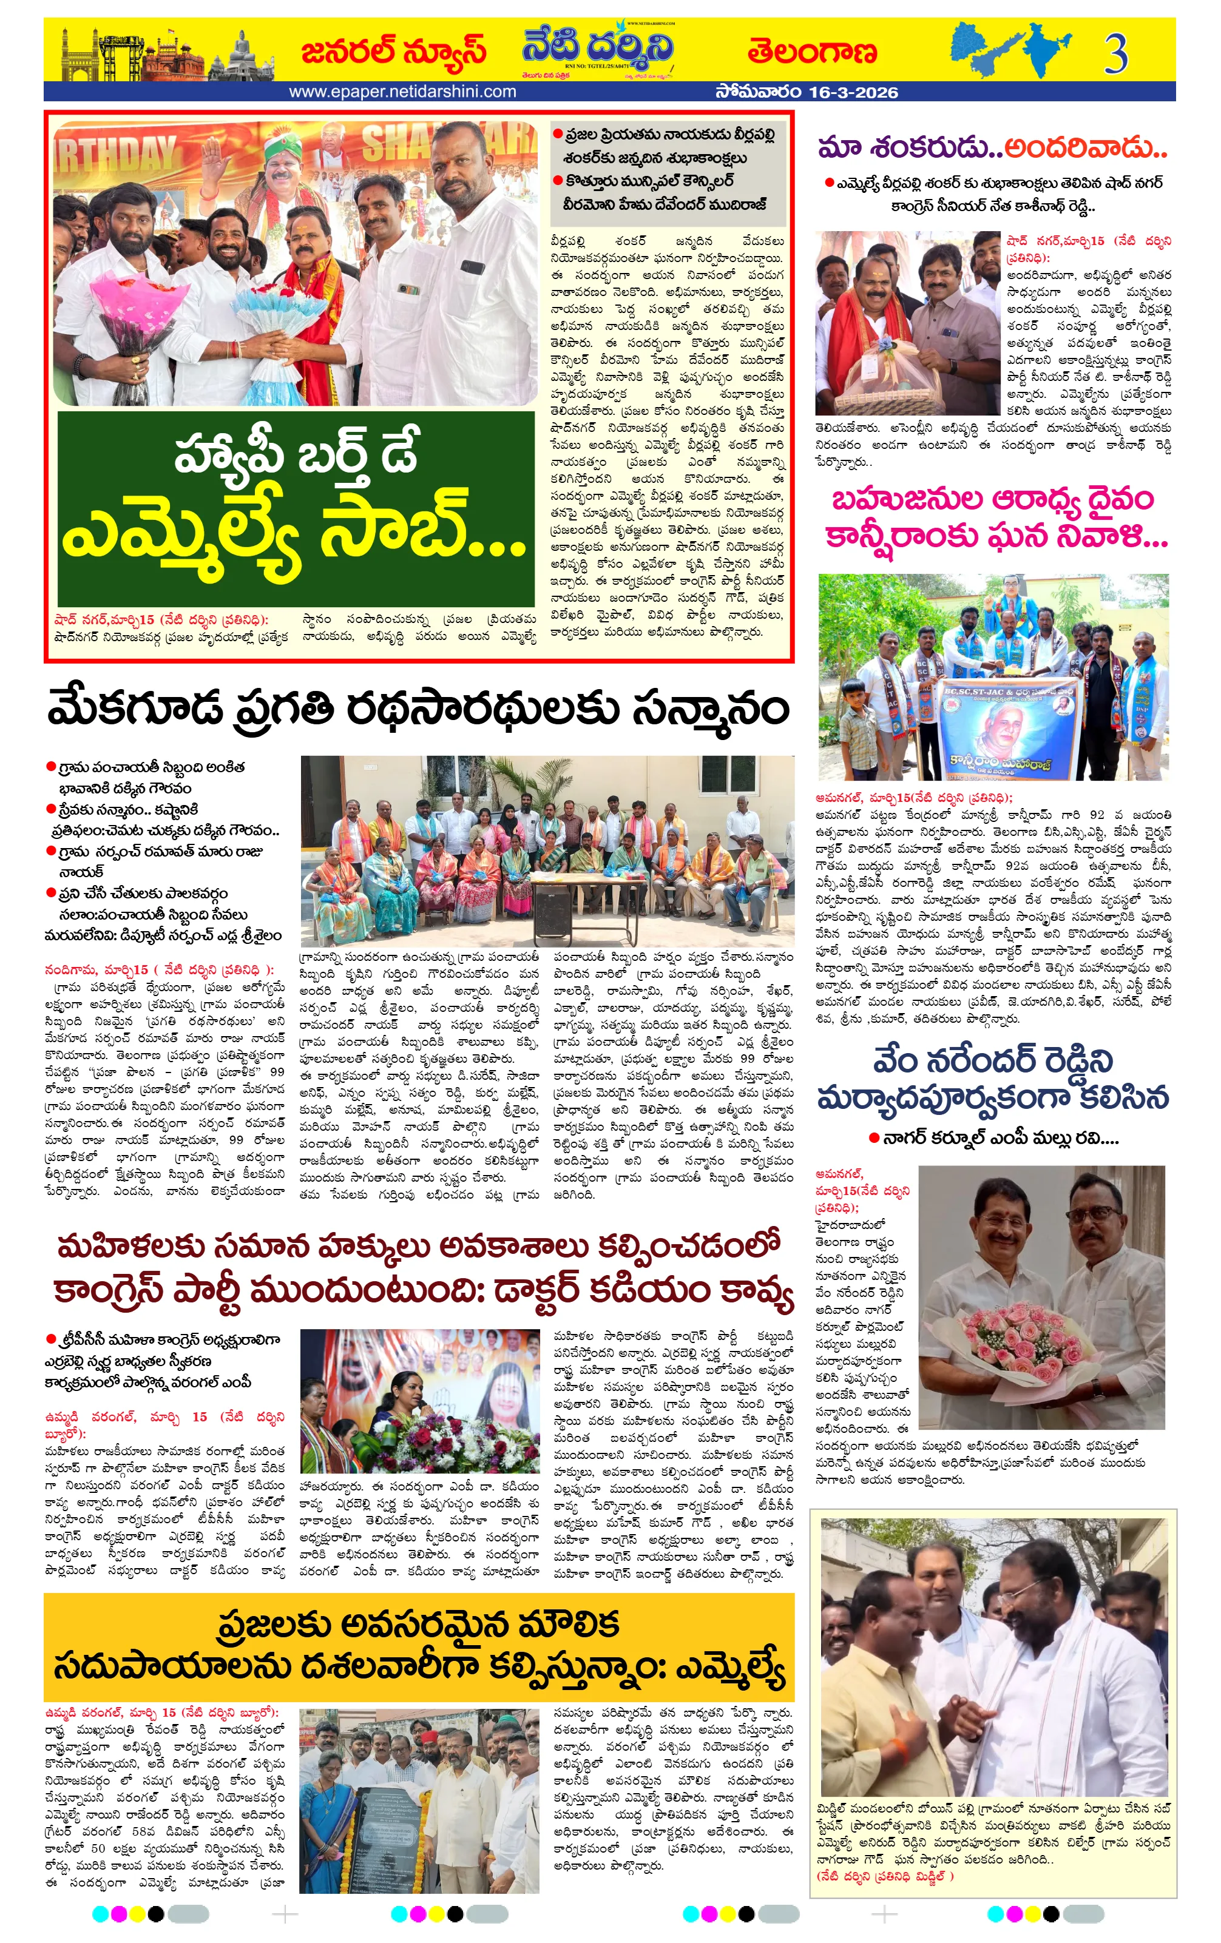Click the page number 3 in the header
(1116, 53)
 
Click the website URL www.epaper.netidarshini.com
(402, 92)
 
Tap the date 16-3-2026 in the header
(852, 92)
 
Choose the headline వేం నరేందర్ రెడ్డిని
(993, 1061)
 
